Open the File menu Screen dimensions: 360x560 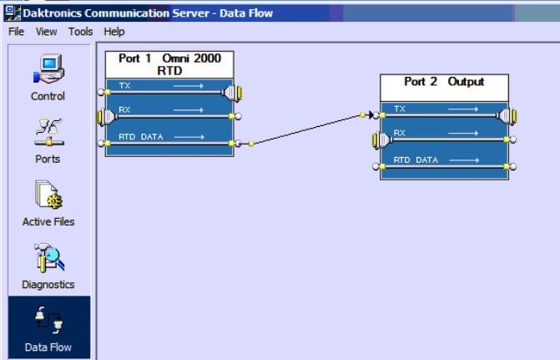[x=16, y=32]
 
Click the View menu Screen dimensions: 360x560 [x=46, y=32]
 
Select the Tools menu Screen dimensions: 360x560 [x=80, y=32]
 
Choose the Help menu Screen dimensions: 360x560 [x=114, y=32]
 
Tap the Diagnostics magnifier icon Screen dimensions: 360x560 [x=48, y=257]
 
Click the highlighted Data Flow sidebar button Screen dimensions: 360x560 [x=48, y=327]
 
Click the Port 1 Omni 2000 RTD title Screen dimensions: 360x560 [x=169, y=64]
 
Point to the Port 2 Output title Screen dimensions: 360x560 [x=444, y=82]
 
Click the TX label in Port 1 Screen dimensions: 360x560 [x=126, y=85]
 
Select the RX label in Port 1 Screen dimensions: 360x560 [x=126, y=110]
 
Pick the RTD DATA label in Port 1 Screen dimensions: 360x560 [x=138, y=136]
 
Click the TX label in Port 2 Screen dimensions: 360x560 [x=400, y=109]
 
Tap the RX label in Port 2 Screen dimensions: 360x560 [x=400, y=133]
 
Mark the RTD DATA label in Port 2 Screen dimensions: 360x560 [x=415, y=160]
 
